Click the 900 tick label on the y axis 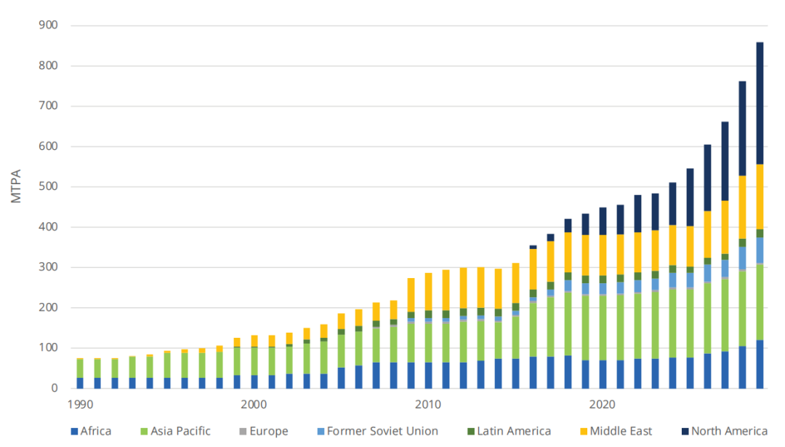[49, 25]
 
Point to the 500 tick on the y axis [49, 187]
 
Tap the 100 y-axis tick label [49, 348]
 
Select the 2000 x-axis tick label [254, 403]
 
